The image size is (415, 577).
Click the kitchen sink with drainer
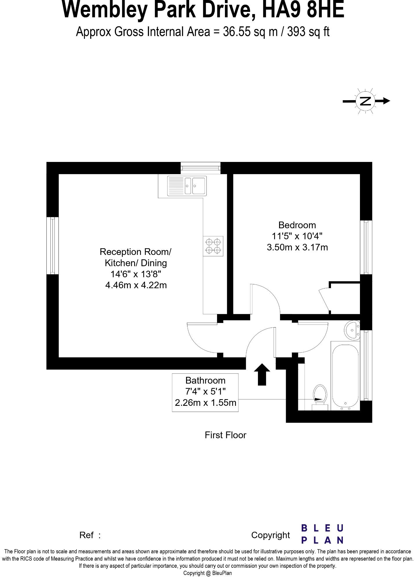[186, 185]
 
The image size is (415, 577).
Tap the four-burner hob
[213, 246]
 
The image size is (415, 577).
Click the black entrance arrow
[262, 374]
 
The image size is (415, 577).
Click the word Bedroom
[297, 225]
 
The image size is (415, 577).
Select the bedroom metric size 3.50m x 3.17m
[297, 247]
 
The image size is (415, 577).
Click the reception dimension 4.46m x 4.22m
[136, 285]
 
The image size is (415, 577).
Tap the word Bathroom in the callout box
[205, 380]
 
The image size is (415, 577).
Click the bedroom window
[366, 247]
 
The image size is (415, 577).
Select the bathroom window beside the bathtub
[366, 365]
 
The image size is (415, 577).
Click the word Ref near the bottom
[86, 535]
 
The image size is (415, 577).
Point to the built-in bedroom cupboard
[345, 298]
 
